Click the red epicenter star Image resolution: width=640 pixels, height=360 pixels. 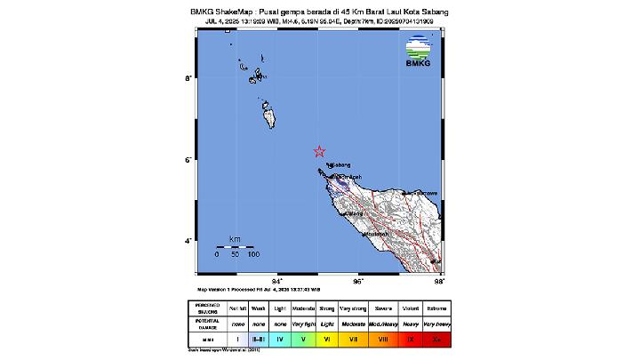(321, 151)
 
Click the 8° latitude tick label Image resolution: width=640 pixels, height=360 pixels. (188, 79)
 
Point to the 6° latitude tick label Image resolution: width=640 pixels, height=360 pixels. (188, 160)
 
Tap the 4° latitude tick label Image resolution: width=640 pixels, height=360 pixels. (188, 241)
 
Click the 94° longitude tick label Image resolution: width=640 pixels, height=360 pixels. (277, 281)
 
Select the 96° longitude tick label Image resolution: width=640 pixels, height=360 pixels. (358, 281)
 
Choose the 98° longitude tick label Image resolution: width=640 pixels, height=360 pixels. (439, 281)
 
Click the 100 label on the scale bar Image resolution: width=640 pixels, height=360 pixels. (253, 255)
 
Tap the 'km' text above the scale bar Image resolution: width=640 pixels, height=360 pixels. (235, 239)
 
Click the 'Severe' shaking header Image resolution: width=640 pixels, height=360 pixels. (383, 308)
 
